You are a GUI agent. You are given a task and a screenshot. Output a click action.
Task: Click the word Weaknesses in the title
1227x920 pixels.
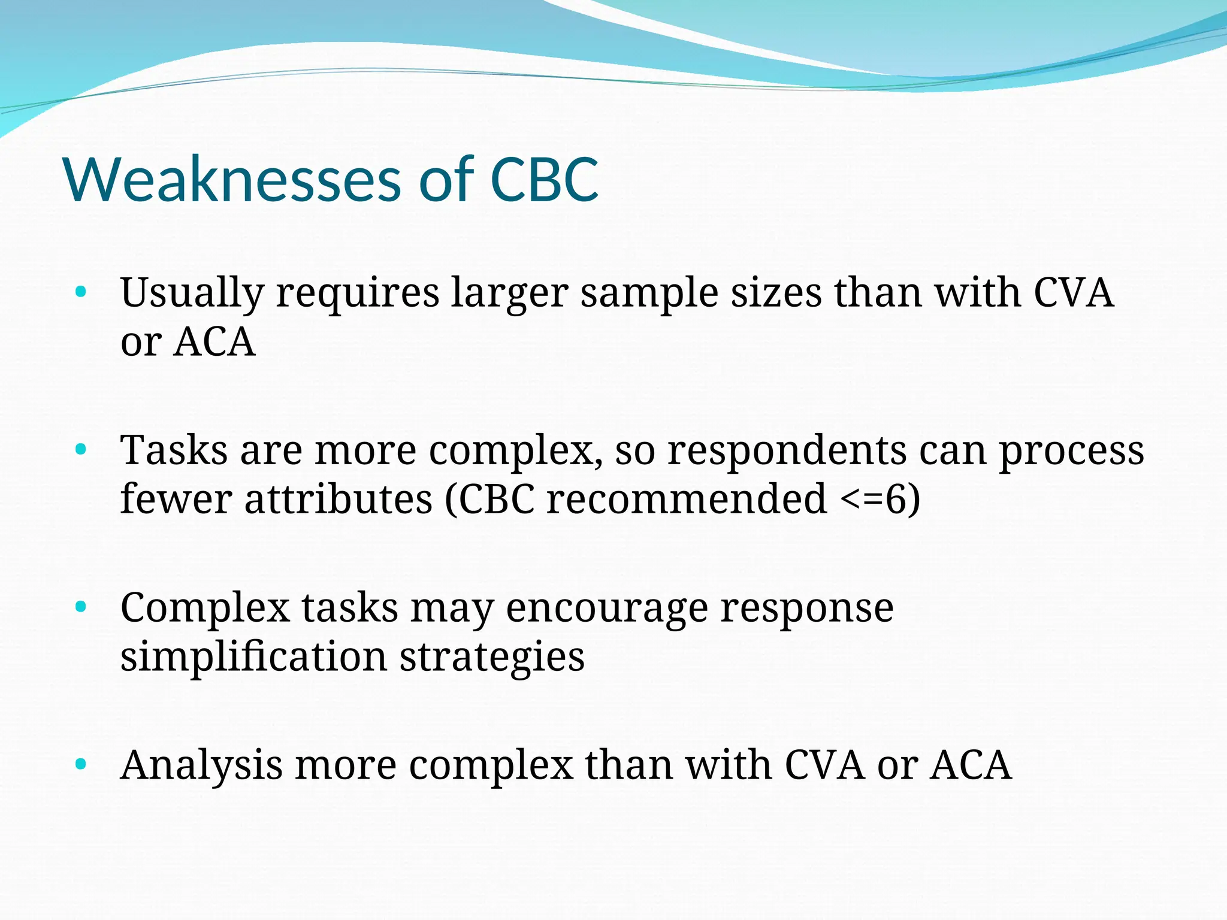point(232,180)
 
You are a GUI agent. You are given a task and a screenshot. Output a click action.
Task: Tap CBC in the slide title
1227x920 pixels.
point(544,180)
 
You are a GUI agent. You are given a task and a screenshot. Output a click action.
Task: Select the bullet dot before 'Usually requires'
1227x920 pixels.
point(81,293)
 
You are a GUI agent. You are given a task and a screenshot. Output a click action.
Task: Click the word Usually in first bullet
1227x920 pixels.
point(192,293)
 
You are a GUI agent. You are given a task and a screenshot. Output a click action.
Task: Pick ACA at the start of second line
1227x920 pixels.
point(214,342)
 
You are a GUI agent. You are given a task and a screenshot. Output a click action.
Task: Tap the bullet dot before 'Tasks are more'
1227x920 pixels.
point(81,449)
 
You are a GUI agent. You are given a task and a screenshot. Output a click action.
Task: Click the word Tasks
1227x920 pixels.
point(174,450)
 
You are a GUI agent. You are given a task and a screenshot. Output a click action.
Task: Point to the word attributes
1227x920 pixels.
point(338,499)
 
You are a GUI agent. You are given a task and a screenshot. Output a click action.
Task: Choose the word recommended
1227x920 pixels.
point(687,499)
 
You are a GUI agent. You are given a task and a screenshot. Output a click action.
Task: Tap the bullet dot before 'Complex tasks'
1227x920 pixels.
point(81,607)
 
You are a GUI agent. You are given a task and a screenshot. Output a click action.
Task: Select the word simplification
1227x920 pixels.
point(253,657)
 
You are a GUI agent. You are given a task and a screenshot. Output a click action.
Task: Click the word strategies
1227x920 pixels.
point(492,657)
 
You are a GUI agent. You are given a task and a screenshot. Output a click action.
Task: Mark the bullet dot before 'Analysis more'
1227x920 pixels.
point(81,764)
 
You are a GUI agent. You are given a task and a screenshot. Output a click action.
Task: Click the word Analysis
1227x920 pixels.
point(201,765)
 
